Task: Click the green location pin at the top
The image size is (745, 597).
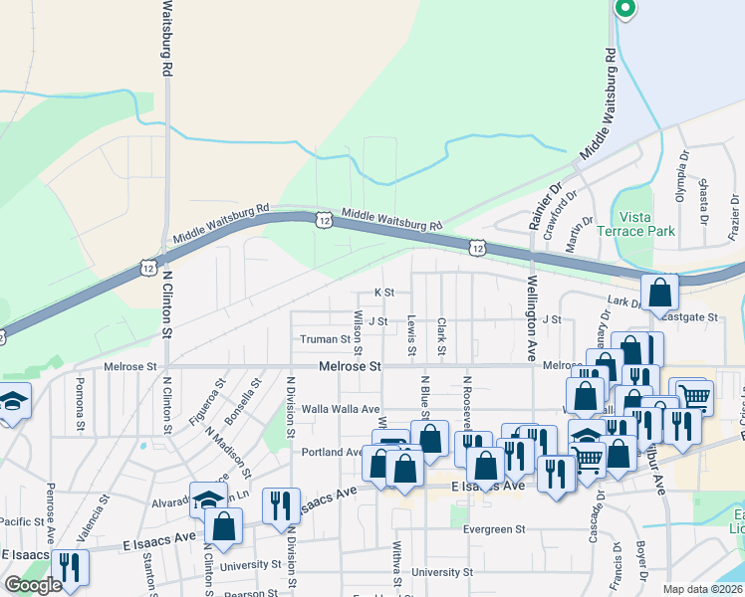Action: point(625,10)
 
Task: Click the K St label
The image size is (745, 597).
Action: point(384,293)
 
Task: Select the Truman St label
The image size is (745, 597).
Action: point(325,339)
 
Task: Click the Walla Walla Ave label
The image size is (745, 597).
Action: point(342,409)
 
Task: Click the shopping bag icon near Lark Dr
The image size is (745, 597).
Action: point(659,294)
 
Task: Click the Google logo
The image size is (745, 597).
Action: point(33,584)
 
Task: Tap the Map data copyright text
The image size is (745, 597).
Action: point(703,589)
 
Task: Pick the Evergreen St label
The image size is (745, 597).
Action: point(494,530)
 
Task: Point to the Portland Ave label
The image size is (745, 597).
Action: point(332,452)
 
